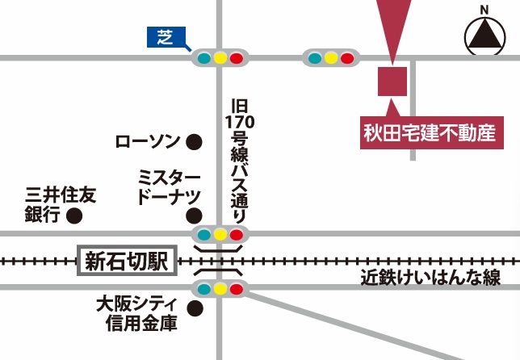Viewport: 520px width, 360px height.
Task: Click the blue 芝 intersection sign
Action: [x=165, y=37]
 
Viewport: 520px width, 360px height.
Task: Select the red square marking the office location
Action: [x=392, y=81]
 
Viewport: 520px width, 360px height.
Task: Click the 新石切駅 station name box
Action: [x=126, y=261]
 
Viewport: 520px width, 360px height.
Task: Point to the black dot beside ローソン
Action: [x=194, y=143]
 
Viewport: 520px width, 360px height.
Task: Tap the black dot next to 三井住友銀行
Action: [x=74, y=216]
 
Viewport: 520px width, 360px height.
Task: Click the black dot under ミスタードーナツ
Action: [x=194, y=216]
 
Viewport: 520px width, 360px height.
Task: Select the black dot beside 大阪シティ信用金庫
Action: [x=194, y=308]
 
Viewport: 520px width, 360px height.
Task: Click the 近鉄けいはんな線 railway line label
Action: [x=430, y=278]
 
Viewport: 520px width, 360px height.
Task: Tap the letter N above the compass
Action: [x=484, y=10]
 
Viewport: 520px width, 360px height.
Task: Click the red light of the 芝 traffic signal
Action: [x=236, y=58]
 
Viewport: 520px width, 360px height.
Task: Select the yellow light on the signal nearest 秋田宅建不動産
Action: [x=331, y=58]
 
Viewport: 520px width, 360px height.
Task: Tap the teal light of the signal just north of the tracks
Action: [x=203, y=236]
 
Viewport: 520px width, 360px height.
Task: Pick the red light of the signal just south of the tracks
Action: [x=236, y=289]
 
